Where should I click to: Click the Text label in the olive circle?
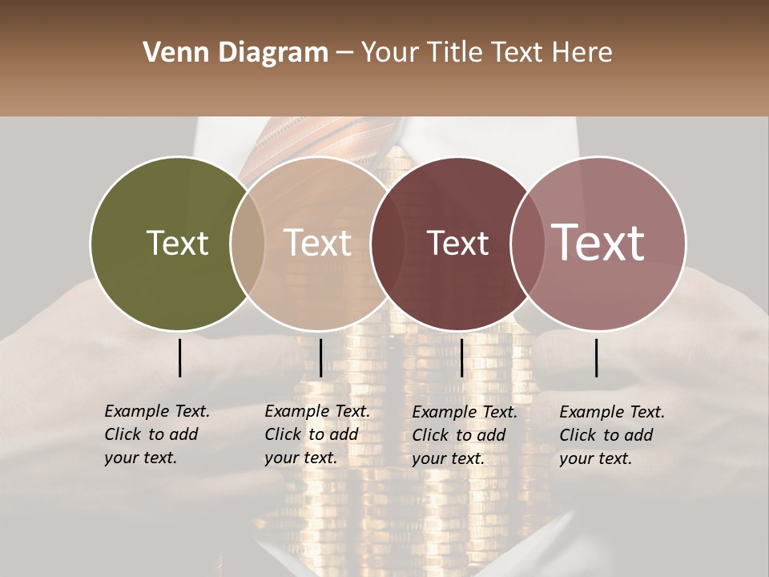click(177, 243)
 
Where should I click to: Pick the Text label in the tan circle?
click(318, 243)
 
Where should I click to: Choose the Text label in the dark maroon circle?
click(457, 243)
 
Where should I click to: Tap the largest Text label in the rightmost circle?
click(598, 243)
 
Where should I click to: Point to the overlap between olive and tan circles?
click(248, 243)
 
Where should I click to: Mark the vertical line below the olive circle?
click(179, 357)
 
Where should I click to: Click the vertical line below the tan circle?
click(320, 357)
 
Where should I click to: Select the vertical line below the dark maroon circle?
click(461, 357)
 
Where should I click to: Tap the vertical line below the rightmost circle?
click(597, 357)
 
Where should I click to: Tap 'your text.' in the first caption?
click(140, 458)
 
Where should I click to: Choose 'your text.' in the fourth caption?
click(595, 459)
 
